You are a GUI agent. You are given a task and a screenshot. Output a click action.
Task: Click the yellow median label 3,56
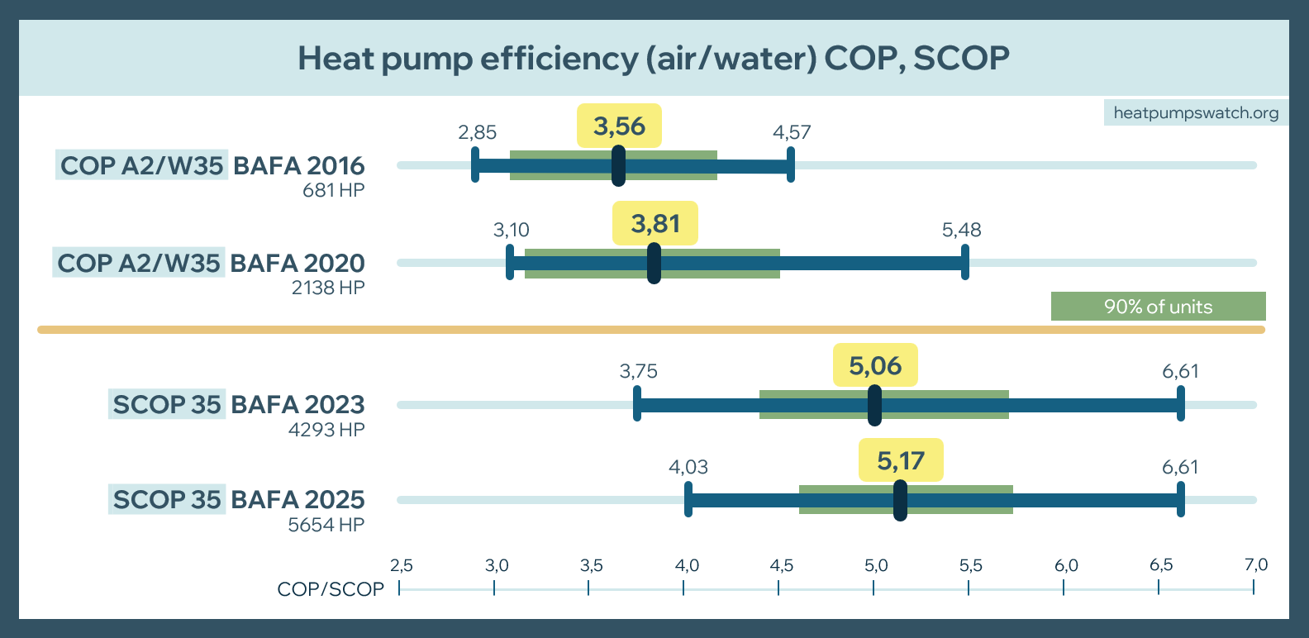point(619,126)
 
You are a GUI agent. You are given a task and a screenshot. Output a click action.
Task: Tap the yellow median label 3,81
point(655,224)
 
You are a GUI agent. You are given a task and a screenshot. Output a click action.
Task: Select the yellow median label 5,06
point(875,365)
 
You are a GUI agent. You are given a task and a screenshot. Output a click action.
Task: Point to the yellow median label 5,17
point(901,460)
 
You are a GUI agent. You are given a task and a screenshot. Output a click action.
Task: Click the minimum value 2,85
point(478,132)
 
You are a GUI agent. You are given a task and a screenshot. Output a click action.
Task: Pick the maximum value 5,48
point(962,230)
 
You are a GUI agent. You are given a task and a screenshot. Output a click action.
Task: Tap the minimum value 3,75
point(639,371)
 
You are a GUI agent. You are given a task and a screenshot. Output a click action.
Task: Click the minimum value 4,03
point(688,467)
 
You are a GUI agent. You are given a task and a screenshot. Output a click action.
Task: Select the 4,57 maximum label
point(792,132)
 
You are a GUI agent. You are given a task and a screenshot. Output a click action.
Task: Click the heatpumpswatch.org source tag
point(1196,113)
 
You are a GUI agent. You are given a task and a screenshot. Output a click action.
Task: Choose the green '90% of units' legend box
point(1158,307)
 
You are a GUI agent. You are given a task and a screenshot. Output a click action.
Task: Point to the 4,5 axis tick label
point(782,565)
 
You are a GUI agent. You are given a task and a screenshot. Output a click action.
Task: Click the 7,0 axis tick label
point(1256,565)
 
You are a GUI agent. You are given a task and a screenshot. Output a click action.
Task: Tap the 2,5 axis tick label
point(402,565)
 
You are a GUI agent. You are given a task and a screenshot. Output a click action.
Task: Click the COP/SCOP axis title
point(331,589)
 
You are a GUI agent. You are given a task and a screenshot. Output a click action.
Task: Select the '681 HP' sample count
point(334,190)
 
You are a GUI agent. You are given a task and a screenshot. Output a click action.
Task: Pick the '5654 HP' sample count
point(326,525)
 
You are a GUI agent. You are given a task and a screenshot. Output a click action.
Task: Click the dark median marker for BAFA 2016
point(618,166)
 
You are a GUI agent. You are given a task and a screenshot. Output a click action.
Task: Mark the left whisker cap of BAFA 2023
point(637,404)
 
